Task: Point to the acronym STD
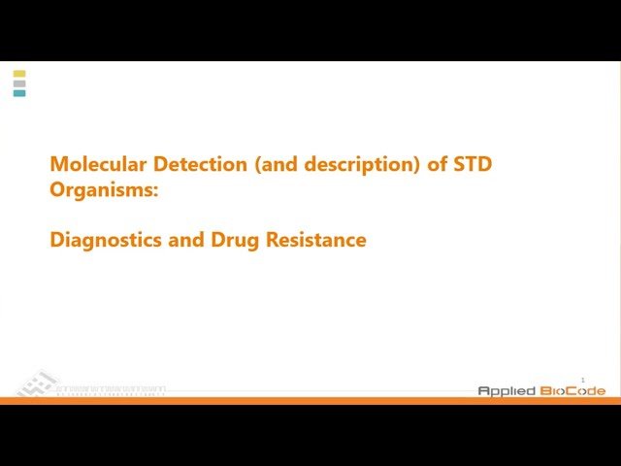click(x=473, y=164)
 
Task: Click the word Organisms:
click(x=103, y=189)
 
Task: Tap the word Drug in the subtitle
click(x=234, y=239)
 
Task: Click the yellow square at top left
click(x=19, y=74)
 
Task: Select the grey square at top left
click(x=19, y=83)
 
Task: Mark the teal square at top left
click(x=19, y=93)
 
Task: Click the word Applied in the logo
click(x=505, y=390)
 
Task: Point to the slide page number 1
click(x=583, y=380)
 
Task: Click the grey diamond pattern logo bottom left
click(x=37, y=383)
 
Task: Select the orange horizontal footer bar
click(x=310, y=400)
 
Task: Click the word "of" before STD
click(x=437, y=164)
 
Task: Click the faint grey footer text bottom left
click(x=110, y=390)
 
